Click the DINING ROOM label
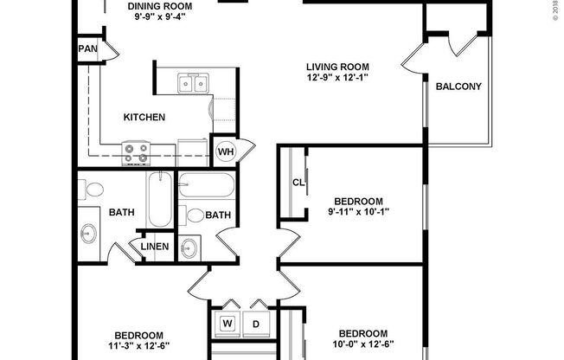click(160, 6)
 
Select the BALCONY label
click(458, 87)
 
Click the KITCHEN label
click(144, 117)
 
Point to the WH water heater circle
click(225, 151)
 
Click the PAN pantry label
click(88, 50)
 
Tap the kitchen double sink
click(195, 83)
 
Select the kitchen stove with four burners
click(136, 153)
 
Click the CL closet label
click(298, 182)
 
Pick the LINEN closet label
click(154, 247)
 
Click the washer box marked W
click(228, 325)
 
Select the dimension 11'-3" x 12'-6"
click(138, 348)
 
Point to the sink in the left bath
click(89, 235)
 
